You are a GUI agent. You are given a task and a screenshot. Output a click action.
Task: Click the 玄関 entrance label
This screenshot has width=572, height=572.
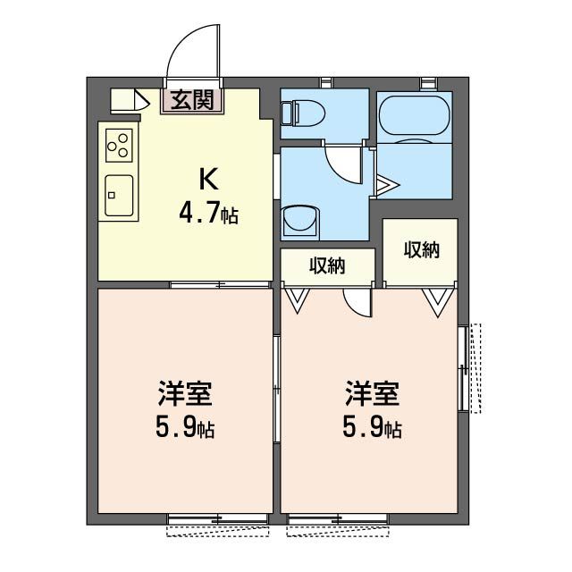click(x=192, y=100)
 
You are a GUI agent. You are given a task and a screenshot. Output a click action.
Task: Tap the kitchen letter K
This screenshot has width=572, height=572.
click(x=207, y=179)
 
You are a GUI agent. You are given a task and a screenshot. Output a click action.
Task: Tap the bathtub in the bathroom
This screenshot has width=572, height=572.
click(x=413, y=114)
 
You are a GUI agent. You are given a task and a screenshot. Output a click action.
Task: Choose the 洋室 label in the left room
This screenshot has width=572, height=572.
click(x=185, y=392)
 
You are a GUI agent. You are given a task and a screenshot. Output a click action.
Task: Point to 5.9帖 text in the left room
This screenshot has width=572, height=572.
click(x=185, y=429)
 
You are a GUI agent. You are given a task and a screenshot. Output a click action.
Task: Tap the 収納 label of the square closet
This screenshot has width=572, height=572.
click(x=421, y=250)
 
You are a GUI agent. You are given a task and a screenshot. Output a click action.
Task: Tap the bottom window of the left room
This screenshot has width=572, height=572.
click(x=217, y=519)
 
